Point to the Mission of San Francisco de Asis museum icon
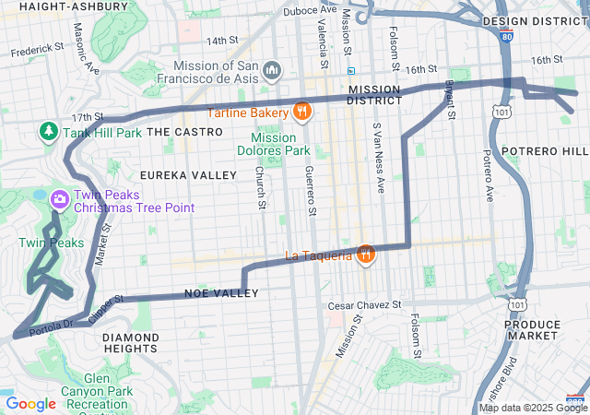point(272,70)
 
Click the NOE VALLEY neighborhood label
point(221,293)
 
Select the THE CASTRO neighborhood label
point(184,132)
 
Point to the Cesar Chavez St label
point(365,305)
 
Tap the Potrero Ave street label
point(487,175)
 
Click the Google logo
point(31,404)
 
